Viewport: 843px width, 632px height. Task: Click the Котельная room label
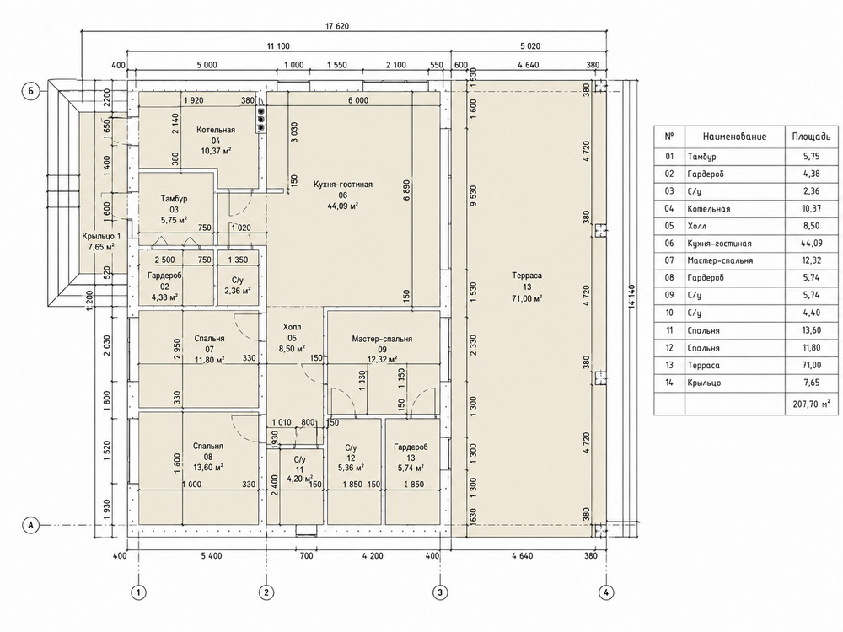pyautogui.click(x=216, y=130)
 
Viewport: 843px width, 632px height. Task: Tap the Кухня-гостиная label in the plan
pyautogui.click(x=343, y=185)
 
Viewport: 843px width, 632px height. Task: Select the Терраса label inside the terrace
pyautogui.click(x=527, y=276)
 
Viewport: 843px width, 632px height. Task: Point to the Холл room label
pyautogui.click(x=292, y=327)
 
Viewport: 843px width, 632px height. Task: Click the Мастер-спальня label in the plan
pyautogui.click(x=382, y=339)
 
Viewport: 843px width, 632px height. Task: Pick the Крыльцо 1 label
pyautogui.click(x=102, y=237)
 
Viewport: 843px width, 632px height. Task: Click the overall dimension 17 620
pyautogui.click(x=337, y=26)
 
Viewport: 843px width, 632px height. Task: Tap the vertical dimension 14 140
pyautogui.click(x=631, y=296)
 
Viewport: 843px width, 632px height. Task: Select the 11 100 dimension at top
pyautogui.click(x=278, y=46)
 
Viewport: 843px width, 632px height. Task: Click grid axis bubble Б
pyautogui.click(x=30, y=91)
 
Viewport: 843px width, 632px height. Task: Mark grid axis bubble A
pyautogui.click(x=30, y=525)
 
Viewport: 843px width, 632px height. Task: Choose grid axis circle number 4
pyautogui.click(x=606, y=592)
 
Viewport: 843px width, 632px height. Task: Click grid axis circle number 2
pyautogui.click(x=266, y=592)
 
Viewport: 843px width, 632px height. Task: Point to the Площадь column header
pyautogui.click(x=811, y=137)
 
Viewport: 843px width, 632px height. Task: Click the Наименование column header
pyautogui.click(x=734, y=137)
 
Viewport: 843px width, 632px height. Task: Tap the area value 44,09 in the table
pyautogui.click(x=812, y=243)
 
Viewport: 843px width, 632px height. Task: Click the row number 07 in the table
pyautogui.click(x=669, y=260)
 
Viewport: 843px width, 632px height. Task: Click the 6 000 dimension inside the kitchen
pyautogui.click(x=358, y=100)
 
